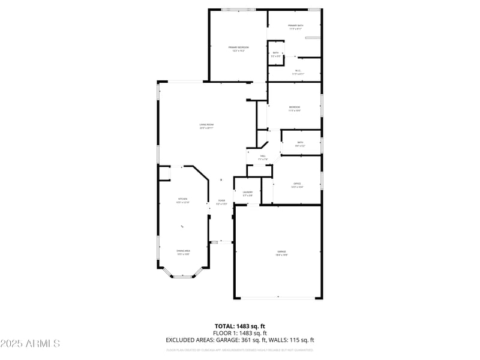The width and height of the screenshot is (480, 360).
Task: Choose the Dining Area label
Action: click(183, 252)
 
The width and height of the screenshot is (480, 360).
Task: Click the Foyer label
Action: click(221, 202)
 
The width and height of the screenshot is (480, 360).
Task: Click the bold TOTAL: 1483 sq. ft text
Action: click(240, 325)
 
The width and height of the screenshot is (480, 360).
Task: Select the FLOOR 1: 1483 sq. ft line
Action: click(240, 332)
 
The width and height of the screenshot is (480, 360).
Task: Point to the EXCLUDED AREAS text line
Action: click(240, 340)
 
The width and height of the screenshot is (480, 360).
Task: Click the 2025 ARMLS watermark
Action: click(30, 344)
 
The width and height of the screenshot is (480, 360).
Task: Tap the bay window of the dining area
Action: click(183, 277)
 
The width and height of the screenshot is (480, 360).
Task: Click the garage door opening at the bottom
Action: click(278, 298)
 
